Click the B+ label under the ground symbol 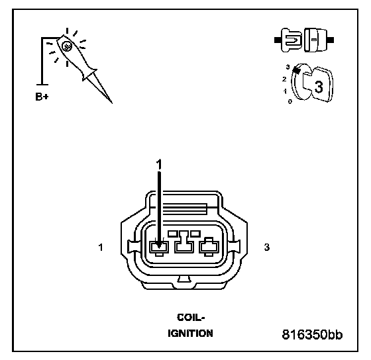(x=42, y=97)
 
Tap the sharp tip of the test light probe (x=112, y=103)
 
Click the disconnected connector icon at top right (x=304, y=40)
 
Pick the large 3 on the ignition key (x=319, y=87)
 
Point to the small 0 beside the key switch (x=290, y=102)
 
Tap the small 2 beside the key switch (x=284, y=79)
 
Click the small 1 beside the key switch (x=285, y=91)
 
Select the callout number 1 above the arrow (x=159, y=164)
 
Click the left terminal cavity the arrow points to (x=159, y=247)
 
